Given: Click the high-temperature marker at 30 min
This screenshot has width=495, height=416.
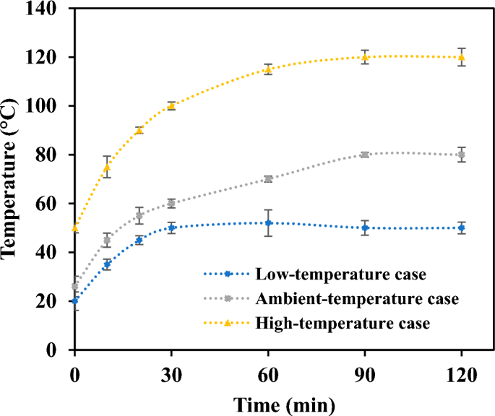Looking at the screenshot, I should pos(171,106).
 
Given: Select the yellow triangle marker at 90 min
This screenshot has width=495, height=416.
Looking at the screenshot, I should pos(365,57).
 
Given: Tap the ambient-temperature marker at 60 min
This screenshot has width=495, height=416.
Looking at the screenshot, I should pos(268,179).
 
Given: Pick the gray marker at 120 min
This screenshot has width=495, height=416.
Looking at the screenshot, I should pos(462,155).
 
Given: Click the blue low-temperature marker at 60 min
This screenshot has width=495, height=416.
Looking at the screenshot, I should pos(268,223).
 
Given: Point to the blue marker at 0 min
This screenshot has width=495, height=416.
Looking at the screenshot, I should pos(74,300).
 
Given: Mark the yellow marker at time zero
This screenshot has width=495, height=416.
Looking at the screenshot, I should pos(74,227).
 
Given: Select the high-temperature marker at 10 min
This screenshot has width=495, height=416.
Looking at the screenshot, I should pos(107,167).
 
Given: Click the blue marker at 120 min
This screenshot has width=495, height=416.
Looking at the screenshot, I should pos(462,227).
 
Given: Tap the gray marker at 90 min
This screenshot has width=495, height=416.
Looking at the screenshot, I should pos(365,155).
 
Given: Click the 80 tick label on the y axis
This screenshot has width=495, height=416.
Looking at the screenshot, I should pos(52,155).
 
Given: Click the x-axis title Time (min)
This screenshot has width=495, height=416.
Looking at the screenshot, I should pos(267,402).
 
